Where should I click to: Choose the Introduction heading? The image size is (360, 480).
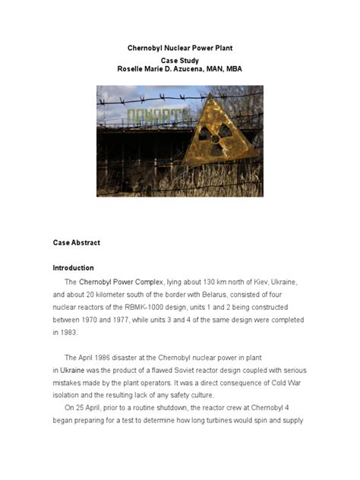click(x=74, y=268)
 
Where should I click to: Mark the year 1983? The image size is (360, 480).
click(x=65, y=332)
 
